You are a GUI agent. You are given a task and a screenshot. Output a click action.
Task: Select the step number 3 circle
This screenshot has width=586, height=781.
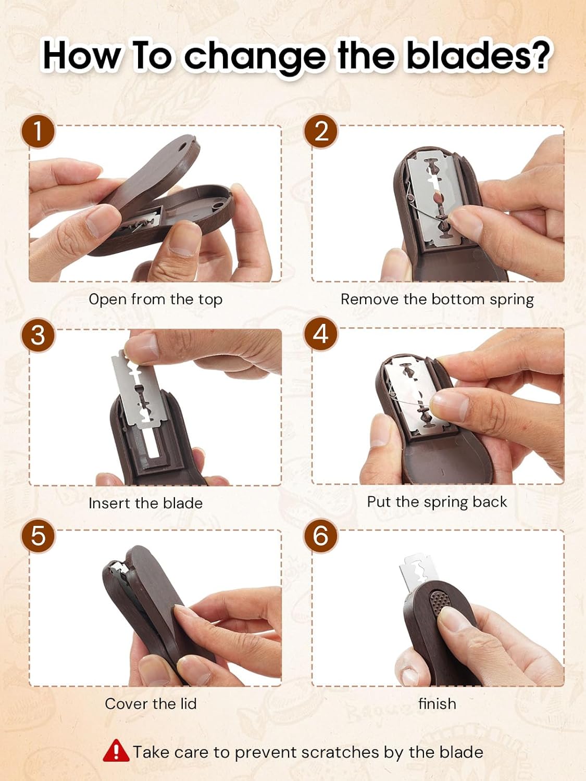pyautogui.click(x=38, y=334)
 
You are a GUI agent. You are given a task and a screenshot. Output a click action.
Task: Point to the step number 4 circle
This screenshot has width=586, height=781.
pyautogui.click(x=321, y=334)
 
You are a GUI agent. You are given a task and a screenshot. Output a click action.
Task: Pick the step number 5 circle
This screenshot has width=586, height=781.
pyautogui.click(x=38, y=536)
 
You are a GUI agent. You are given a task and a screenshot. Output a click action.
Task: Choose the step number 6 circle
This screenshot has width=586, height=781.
pyautogui.click(x=321, y=536)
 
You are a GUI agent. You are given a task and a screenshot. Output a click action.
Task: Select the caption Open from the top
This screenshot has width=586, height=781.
pyautogui.click(x=155, y=299)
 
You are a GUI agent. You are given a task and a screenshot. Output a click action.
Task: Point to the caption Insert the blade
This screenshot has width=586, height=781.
pyautogui.click(x=145, y=503)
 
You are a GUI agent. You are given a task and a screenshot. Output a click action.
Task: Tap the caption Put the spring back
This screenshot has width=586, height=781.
pyautogui.click(x=437, y=502)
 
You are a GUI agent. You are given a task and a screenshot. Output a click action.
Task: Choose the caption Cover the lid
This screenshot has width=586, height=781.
pyautogui.click(x=151, y=704)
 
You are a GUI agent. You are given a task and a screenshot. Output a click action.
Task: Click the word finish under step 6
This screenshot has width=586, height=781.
pyautogui.click(x=437, y=704)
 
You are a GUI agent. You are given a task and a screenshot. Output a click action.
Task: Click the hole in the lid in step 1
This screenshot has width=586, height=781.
pyautogui.click(x=183, y=147)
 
